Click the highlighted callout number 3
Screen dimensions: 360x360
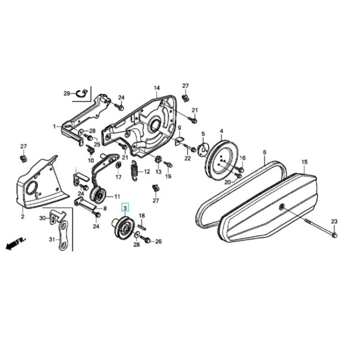tap(125, 208)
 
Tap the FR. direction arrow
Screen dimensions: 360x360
tap(16, 243)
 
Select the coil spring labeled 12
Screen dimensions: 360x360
tap(134, 170)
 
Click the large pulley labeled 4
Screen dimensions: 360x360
tap(222, 158)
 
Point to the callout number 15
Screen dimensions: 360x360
tap(304, 162)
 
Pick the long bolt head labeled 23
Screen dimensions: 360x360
tap(335, 235)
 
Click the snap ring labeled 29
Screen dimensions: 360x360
tap(82, 94)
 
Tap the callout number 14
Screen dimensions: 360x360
tap(156, 88)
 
